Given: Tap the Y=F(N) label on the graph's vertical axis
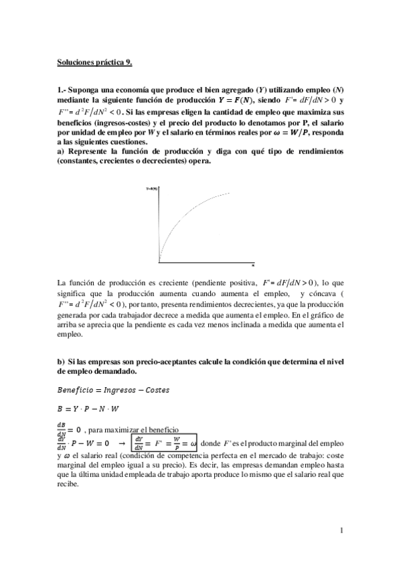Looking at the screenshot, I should tap(153, 190).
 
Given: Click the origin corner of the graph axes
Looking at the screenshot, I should tap(159, 262).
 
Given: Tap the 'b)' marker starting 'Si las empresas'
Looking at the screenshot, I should tap(61, 362).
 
